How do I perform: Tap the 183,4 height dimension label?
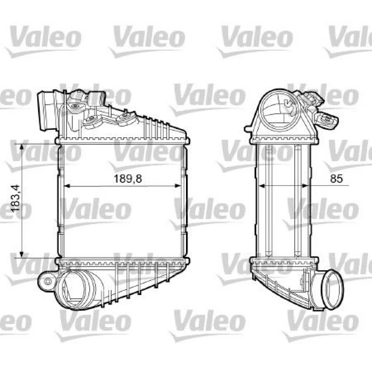point(15,201)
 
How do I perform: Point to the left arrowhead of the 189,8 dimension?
point(67,185)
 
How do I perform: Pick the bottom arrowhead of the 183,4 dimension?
point(22,254)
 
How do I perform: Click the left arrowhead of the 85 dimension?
point(261,185)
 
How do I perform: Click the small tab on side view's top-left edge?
point(248,129)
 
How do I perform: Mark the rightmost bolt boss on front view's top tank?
point(124,119)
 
